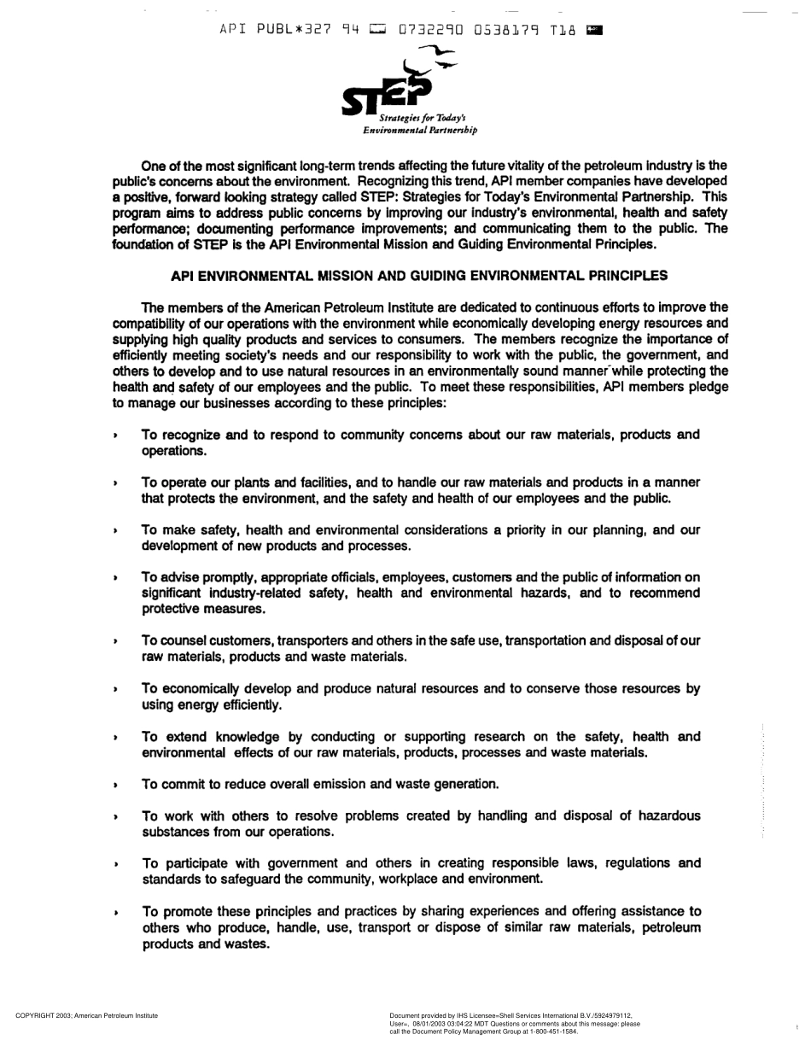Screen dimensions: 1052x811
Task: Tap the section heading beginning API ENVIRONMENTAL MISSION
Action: [x=419, y=276]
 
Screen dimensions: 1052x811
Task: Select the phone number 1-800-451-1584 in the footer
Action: [x=551, y=1032]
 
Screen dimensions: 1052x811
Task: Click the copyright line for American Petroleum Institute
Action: [x=87, y=1015]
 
